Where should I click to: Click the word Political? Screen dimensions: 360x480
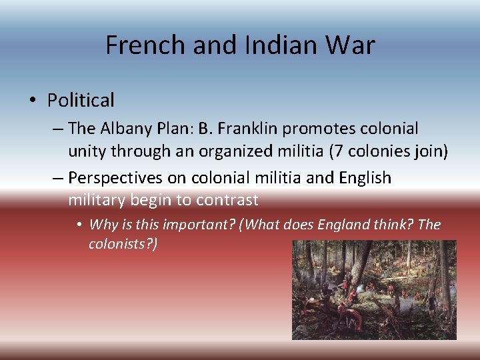81,101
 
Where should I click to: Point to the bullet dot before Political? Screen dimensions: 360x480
33,101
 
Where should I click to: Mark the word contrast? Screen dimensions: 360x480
226,199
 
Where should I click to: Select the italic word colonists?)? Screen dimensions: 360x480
123,245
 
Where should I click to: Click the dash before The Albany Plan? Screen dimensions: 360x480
58,128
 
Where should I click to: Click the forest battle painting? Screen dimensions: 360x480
374,290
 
